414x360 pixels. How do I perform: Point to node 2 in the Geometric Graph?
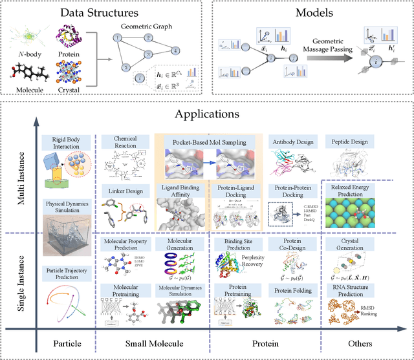pyautogui.click(x=148, y=37)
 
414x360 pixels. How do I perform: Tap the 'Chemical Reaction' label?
pyautogui.click(x=125, y=142)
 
